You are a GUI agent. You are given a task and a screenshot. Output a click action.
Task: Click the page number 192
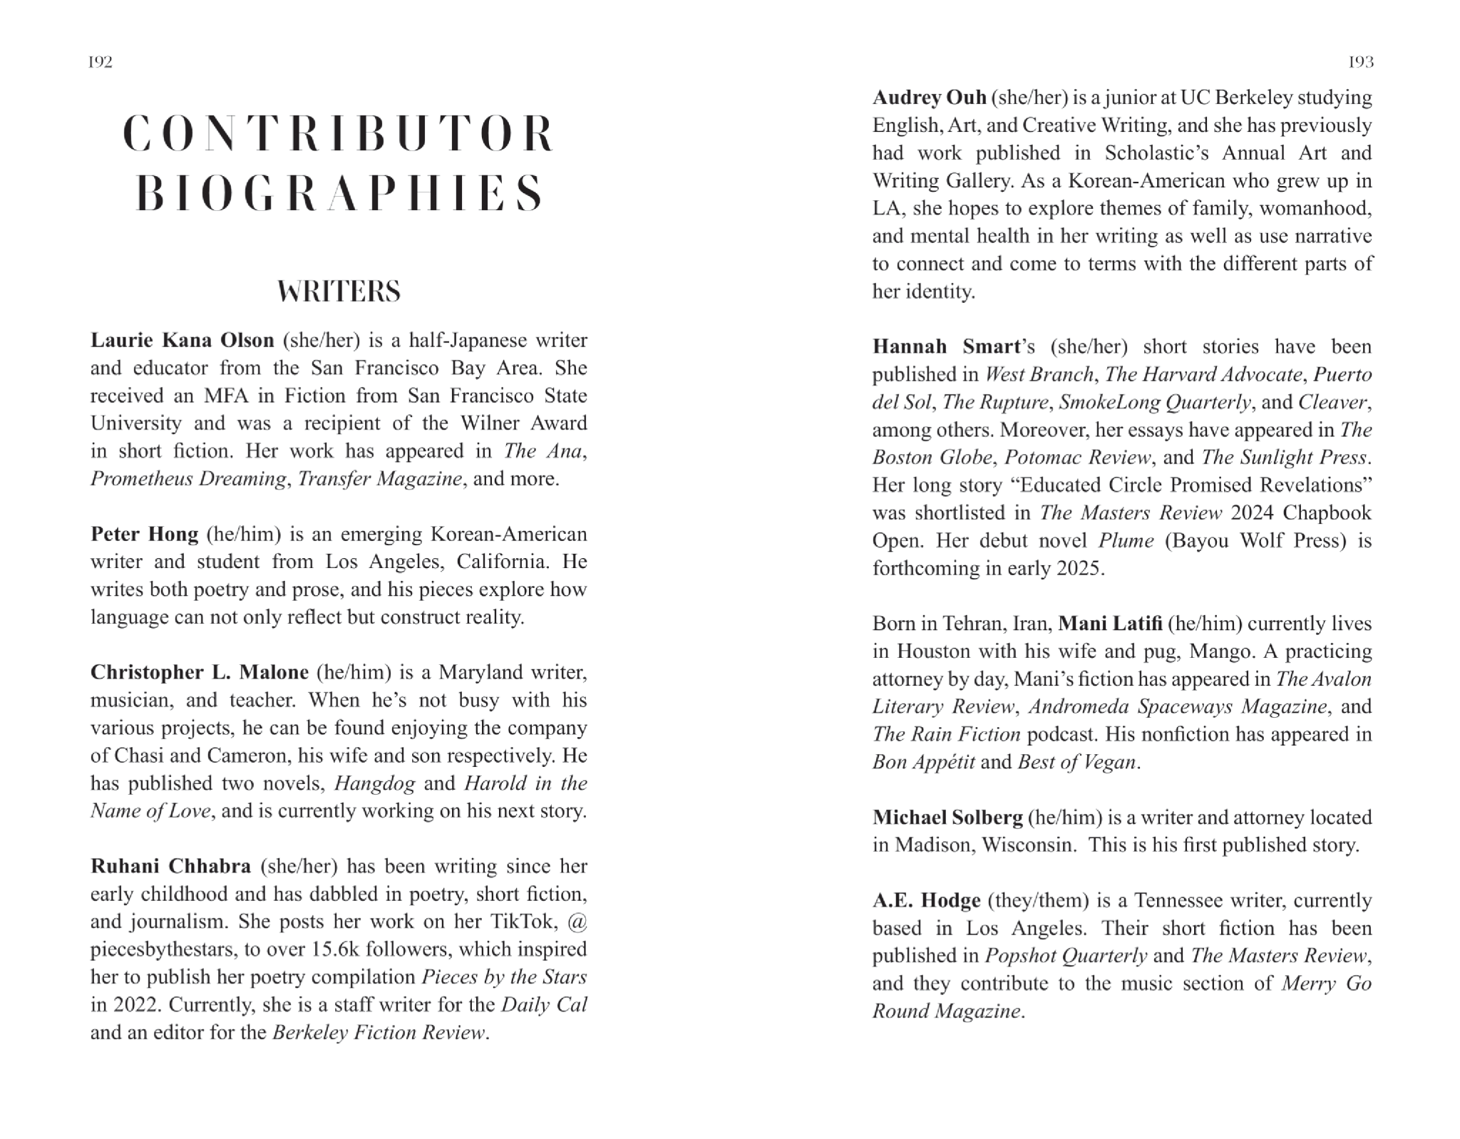point(101,62)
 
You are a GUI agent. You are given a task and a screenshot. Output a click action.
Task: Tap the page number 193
point(1361,62)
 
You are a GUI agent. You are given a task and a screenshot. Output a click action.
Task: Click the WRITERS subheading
point(339,292)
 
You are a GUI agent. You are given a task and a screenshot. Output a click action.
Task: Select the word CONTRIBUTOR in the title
point(339,133)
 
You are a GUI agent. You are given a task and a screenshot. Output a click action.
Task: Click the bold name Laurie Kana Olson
point(182,340)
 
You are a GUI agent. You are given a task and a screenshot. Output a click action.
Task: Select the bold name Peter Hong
point(145,534)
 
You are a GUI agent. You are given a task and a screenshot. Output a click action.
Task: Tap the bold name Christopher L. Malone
point(200,672)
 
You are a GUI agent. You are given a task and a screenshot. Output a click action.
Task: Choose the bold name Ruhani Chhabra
point(170,866)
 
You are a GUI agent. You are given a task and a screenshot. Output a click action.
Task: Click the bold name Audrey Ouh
point(929,97)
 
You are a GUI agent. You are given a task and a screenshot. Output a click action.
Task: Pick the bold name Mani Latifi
point(1110,624)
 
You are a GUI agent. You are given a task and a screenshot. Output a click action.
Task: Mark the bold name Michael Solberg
point(947,818)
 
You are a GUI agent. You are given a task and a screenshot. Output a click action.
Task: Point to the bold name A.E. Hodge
point(926,900)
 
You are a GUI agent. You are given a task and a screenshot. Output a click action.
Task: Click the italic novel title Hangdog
point(374,783)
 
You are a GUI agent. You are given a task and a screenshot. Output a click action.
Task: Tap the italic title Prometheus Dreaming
point(188,478)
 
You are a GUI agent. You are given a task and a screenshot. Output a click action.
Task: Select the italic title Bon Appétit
point(923,762)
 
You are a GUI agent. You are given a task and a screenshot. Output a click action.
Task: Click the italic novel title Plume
point(1126,540)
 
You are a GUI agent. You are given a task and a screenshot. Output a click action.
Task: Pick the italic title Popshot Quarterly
point(1066,956)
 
